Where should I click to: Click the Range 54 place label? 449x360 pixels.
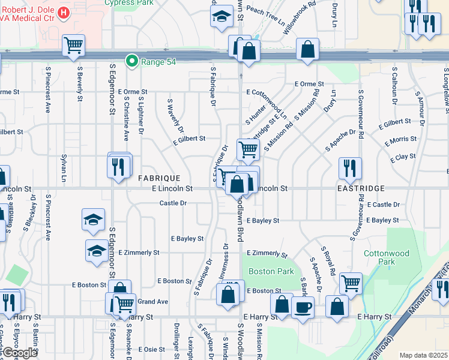click(158, 61)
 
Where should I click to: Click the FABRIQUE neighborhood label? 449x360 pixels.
click(159, 178)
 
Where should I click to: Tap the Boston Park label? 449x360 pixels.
click(271, 271)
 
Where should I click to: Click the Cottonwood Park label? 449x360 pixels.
click(387, 257)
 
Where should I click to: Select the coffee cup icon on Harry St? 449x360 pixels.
click(303, 307)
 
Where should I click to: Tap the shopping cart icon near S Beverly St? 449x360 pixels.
click(73, 45)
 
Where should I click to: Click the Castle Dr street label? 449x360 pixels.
click(173, 203)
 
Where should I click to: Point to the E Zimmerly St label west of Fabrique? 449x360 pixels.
click(139, 253)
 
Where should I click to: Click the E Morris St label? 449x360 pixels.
click(399, 139)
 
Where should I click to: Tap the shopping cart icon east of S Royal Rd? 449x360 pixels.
click(351, 282)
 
